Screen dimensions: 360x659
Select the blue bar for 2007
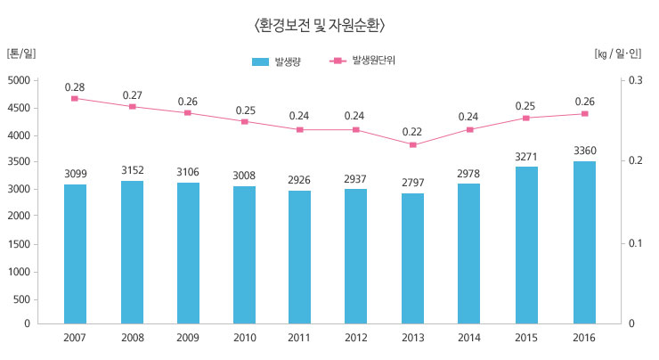click(76, 254)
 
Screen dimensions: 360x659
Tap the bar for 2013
click(413, 258)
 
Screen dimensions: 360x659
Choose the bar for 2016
click(584, 242)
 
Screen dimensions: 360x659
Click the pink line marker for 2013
click(413, 144)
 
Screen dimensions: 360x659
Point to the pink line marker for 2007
click(76, 98)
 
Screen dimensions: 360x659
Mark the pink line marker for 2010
click(245, 121)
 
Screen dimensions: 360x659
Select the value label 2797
click(413, 183)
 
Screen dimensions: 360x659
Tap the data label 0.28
click(76, 86)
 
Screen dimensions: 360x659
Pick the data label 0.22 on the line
click(413, 132)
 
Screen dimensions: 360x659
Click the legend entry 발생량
click(277, 61)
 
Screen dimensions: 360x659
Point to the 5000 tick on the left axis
click(19, 81)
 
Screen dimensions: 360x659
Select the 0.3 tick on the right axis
click(635, 81)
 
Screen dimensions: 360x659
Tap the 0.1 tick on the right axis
click(635, 243)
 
